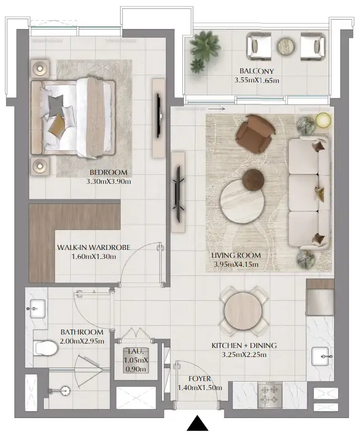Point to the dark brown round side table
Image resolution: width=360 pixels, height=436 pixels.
point(253,179)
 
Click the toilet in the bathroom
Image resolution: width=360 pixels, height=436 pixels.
point(45,348)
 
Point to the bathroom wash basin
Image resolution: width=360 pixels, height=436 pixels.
point(38,307)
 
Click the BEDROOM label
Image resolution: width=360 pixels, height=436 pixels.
point(108,173)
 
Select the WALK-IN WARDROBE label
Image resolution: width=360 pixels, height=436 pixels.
point(94,248)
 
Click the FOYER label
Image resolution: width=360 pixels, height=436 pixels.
point(200,379)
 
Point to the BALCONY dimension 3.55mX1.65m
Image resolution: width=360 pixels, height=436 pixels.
point(256,80)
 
